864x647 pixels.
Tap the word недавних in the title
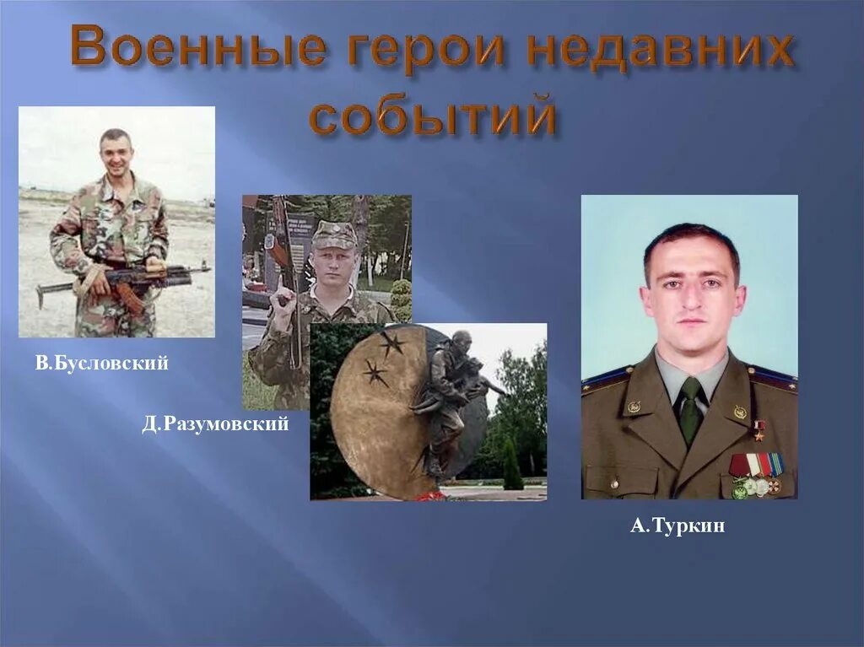pos(659,49)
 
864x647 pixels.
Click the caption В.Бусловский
pos(102,364)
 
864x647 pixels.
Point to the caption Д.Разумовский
pos(215,424)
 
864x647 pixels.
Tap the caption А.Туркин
pos(678,526)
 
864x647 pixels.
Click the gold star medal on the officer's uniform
pos(759,429)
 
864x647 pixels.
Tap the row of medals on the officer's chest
pos(756,473)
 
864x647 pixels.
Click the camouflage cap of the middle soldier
pos(334,234)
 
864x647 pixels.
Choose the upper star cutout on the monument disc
pos(391,342)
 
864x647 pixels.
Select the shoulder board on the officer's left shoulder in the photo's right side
pos(772,379)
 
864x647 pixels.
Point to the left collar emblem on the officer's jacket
pos(634,407)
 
